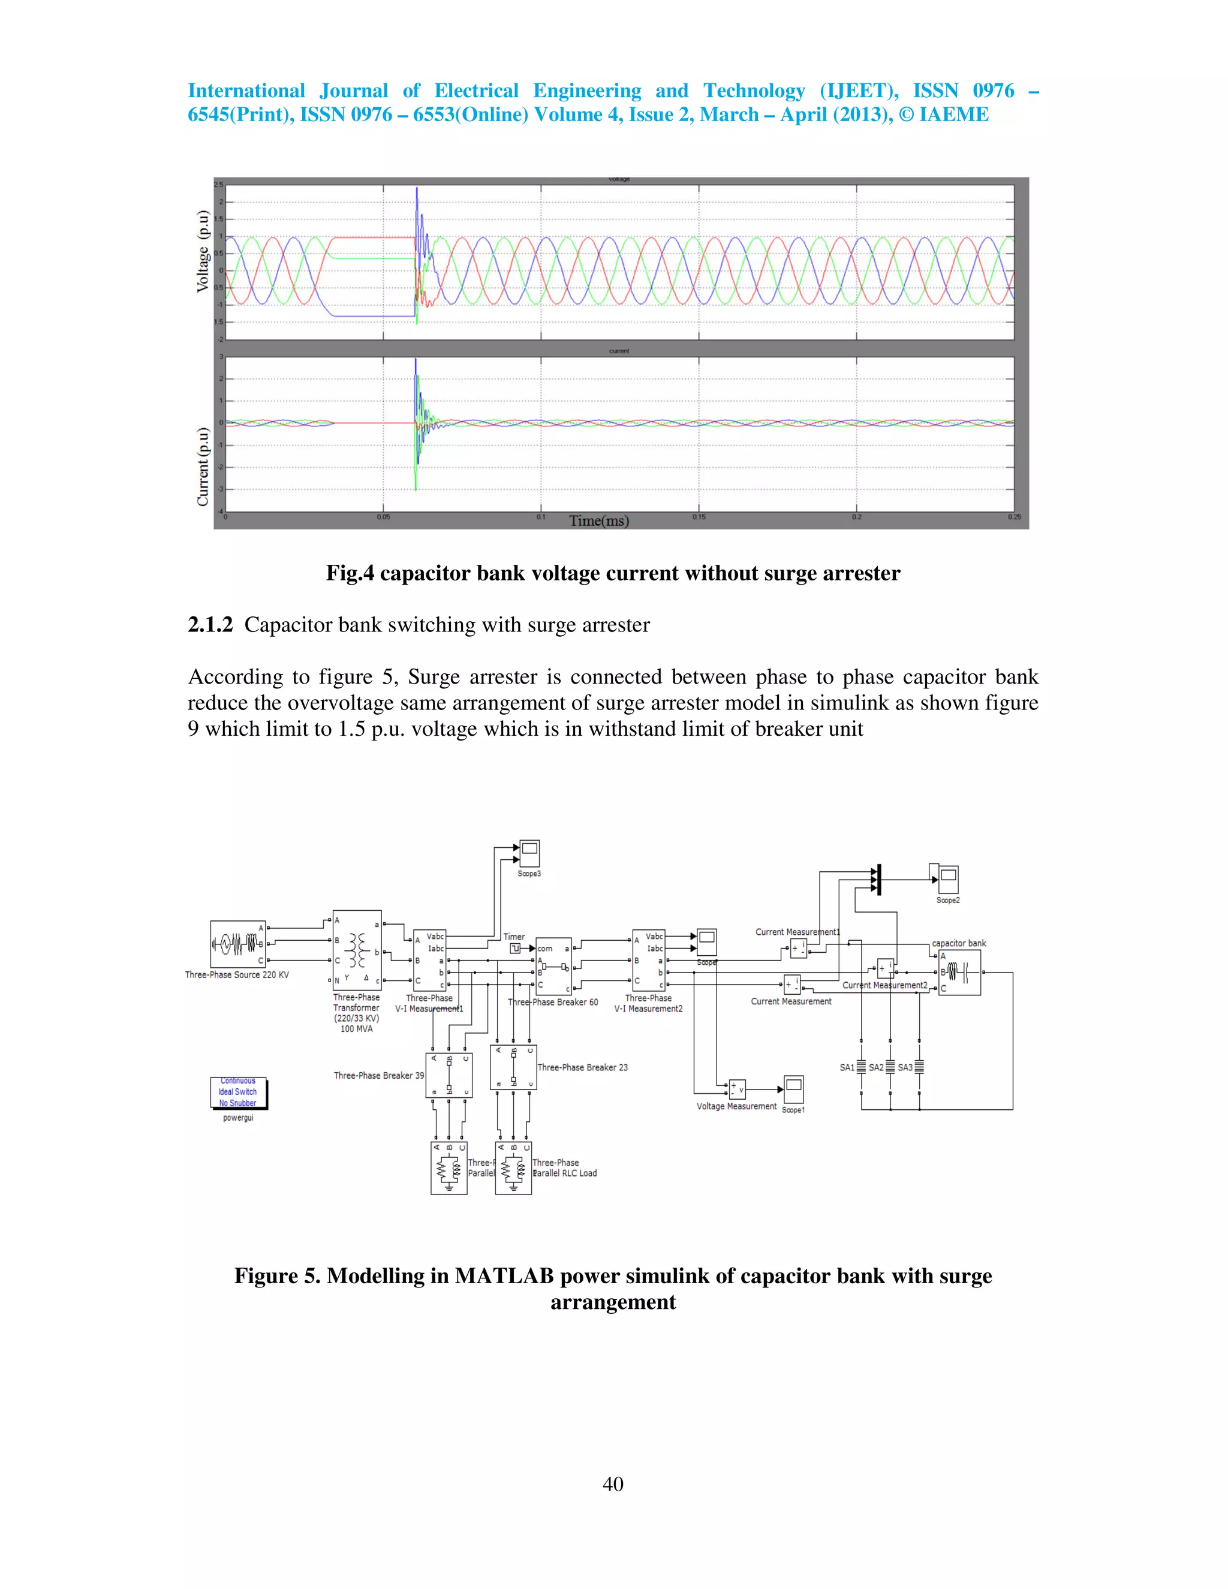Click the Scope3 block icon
coord(529,853)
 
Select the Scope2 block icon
coord(948,880)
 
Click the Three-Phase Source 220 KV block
coord(238,944)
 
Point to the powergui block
coord(239,1093)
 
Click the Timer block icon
coord(514,949)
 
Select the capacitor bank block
coord(959,972)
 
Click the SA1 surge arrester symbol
coord(862,1067)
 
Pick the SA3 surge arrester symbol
coord(919,1067)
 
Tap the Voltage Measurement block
coord(737,1089)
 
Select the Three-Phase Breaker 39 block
coord(449,1075)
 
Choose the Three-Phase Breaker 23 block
coord(514,1067)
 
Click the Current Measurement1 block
coord(798,949)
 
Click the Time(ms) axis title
coord(599,520)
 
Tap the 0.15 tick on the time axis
coord(699,516)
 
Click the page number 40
coord(613,1483)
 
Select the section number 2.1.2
coord(210,625)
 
